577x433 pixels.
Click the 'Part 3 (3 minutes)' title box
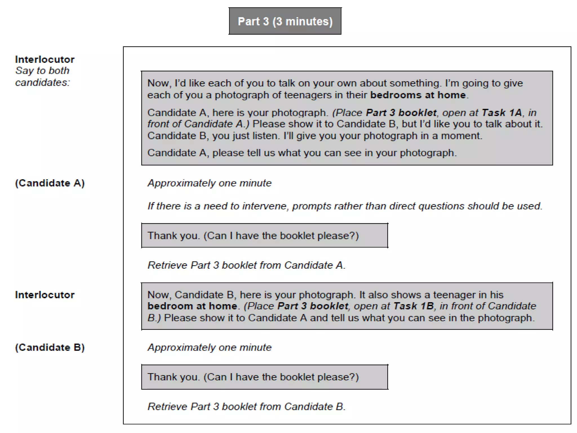click(x=285, y=21)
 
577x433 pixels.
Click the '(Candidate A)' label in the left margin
click(x=50, y=183)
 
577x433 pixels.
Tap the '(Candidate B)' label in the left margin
click(x=50, y=347)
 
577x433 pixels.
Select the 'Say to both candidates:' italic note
click(x=42, y=76)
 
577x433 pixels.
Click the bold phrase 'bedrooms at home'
click(x=418, y=95)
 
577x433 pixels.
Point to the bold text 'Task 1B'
click(x=413, y=306)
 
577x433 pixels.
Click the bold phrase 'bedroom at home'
click(x=192, y=306)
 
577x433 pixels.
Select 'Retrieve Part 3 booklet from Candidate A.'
click(x=247, y=265)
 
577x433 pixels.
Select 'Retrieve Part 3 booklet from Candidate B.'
click(x=247, y=407)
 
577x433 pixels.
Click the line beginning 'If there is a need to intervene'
click(x=345, y=206)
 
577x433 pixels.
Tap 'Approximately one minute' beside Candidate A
click(x=210, y=183)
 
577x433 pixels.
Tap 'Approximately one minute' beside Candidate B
click(x=210, y=347)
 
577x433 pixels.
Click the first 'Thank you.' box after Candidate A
click(x=265, y=236)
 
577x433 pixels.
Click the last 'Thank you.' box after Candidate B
click(x=265, y=377)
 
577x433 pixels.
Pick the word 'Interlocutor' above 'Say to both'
click(x=45, y=59)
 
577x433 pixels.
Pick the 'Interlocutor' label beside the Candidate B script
click(x=45, y=295)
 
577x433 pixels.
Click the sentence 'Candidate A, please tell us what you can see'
click(x=302, y=153)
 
